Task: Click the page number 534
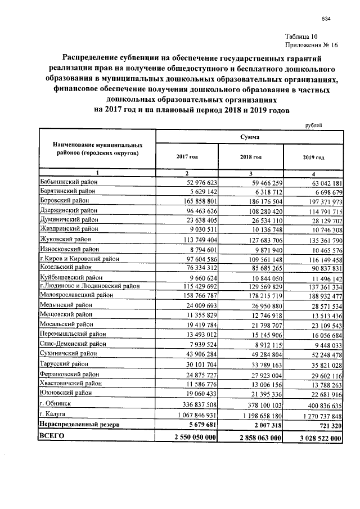click(x=326, y=19)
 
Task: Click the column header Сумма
click(x=250, y=137)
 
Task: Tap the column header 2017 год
click(x=187, y=158)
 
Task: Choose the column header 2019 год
click(x=313, y=158)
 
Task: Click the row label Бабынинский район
click(x=69, y=182)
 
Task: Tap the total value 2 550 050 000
click(x=190, y=437)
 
